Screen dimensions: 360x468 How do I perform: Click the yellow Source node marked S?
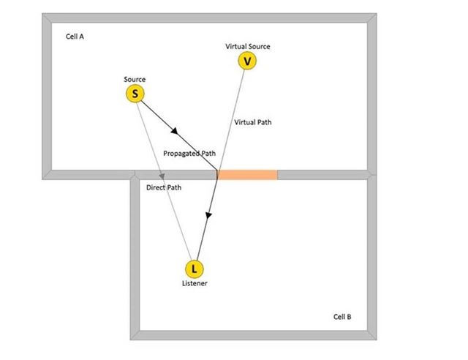coord(135,94)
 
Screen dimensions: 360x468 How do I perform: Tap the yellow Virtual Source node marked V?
coord(248,61)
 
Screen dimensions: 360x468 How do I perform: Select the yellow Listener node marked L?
coord(194,269)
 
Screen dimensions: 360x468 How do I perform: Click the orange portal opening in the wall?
coord(248,174)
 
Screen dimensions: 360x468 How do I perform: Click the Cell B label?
coord(342,317)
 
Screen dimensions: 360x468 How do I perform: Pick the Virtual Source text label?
coord(248,46)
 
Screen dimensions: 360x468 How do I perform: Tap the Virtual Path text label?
coord(253,122)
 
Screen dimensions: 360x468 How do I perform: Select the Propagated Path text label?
coord(191,153)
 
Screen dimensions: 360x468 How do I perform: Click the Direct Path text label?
coord(164,188)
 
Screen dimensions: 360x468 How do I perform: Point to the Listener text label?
coord(195,283)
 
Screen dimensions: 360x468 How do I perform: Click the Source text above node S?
coord(135,79)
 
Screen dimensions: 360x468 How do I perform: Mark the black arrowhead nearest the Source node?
coord(175,132)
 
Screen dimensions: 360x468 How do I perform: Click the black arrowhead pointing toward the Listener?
coord(208,217)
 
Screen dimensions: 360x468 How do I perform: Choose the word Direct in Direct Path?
coord(156,188)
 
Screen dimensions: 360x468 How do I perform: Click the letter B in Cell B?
coord(349,317)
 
